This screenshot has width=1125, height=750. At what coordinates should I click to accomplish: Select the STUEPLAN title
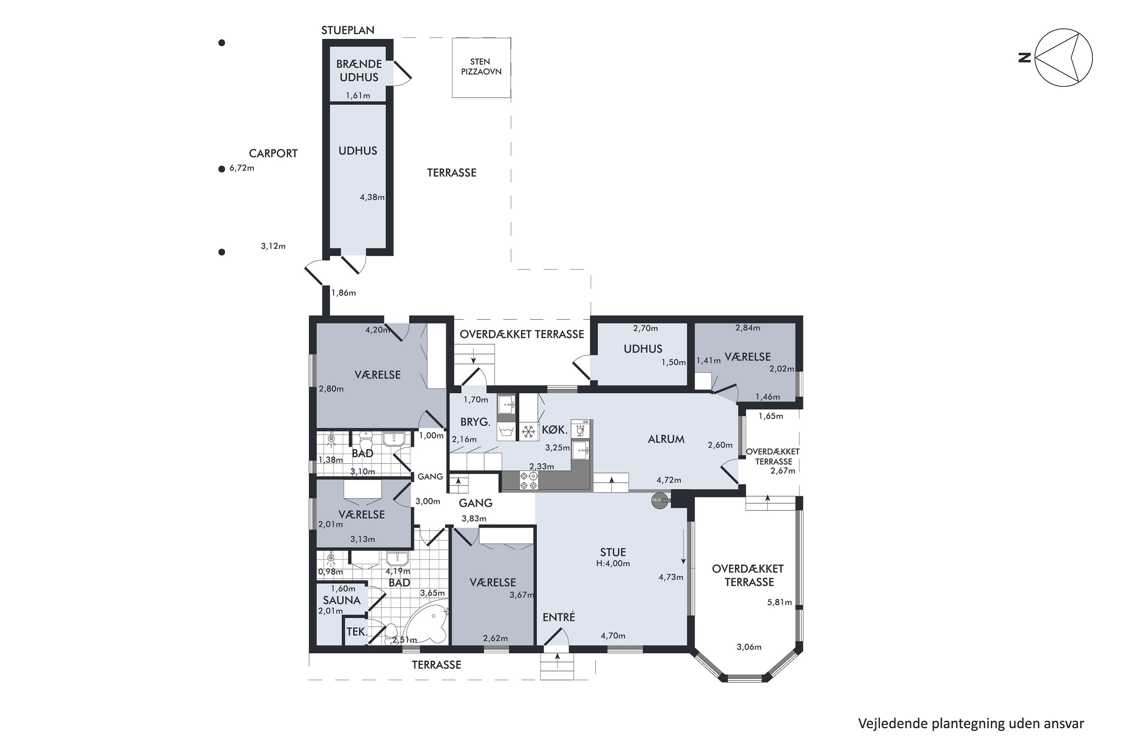pos(348,30)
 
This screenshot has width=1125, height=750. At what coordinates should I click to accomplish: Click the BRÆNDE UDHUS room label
pos(359,70)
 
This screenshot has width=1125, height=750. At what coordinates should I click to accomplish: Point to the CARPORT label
pos(273,153)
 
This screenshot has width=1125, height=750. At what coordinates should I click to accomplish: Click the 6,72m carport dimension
pos(241,168)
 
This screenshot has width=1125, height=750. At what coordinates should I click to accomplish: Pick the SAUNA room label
pos(342,600)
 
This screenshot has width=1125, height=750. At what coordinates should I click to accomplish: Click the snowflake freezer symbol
pos(528,432)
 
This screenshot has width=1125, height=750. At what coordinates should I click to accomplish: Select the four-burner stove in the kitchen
pos(528,481)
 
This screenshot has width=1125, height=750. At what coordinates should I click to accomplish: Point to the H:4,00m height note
pos(613,564)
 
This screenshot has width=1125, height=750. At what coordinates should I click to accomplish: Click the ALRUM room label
pos(666,439)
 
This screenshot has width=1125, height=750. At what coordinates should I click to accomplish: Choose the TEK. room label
pos(357,632)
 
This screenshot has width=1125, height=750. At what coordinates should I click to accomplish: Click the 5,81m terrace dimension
pos(779,602)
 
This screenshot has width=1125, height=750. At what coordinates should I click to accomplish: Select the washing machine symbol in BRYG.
pos(506,432)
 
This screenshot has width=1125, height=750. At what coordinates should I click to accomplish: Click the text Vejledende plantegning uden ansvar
pos(971,724)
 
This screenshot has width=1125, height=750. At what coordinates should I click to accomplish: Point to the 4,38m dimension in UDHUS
pos(372,197)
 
